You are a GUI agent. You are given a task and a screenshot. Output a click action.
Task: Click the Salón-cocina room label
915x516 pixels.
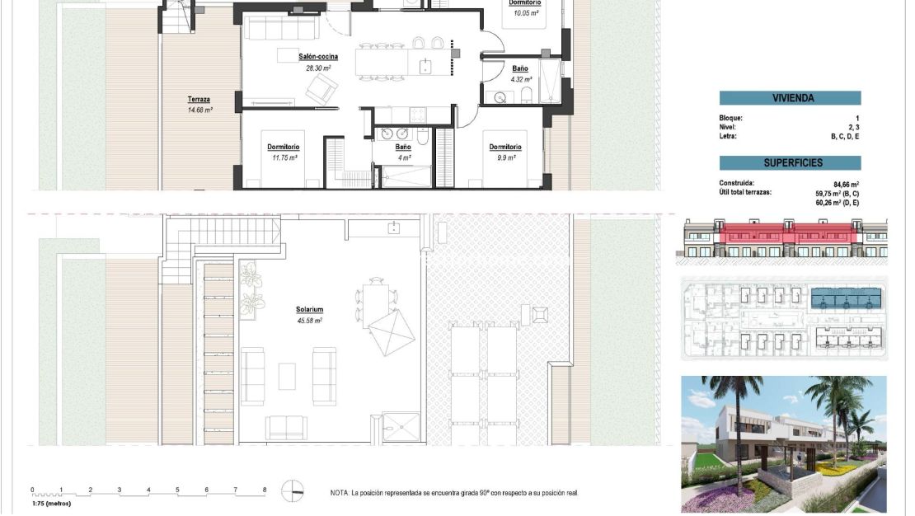point(318,57)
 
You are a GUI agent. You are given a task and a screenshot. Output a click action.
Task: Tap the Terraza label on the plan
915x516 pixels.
point(198,100)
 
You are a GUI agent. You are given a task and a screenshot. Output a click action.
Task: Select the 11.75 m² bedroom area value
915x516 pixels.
point(284,157)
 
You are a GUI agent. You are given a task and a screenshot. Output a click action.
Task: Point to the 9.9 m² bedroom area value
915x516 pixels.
point(505,157)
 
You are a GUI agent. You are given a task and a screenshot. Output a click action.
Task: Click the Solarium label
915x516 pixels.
point(309,310)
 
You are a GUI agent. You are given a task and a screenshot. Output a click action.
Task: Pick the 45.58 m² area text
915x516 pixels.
point(309,321)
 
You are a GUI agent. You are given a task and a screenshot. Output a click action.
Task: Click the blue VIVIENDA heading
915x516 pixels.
point(790,98)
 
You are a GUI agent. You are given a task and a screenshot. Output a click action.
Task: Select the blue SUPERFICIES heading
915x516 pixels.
point(790,163)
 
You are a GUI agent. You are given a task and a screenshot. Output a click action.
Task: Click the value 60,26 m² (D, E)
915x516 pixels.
point(837,202)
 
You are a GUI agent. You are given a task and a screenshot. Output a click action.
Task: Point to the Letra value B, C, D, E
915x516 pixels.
point(845,136)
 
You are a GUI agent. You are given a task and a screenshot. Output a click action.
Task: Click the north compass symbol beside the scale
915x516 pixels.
point(292,491)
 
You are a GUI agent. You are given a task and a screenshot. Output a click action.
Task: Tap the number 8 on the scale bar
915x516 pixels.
point(265,490)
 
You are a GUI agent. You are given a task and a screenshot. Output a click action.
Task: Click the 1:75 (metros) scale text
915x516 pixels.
point(51,503)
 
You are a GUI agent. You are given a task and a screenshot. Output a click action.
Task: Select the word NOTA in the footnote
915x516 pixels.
point(339,493)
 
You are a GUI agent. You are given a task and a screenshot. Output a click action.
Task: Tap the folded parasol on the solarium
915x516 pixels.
point(391,332)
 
